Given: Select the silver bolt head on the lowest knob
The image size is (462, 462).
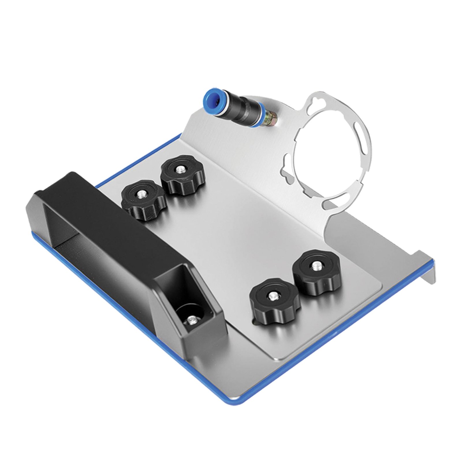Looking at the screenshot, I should point(273,295).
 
